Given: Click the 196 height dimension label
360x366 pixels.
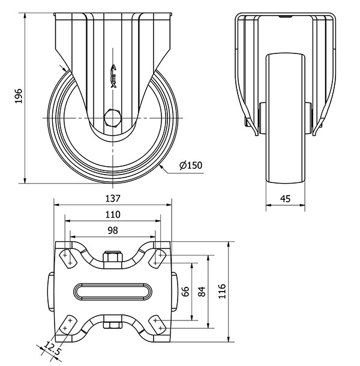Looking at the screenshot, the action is pos(18,96).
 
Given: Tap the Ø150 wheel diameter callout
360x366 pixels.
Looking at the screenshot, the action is pos(191,165).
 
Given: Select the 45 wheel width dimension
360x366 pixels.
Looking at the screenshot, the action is pos(285,199).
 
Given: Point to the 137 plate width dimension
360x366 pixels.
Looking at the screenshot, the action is pos(113,199).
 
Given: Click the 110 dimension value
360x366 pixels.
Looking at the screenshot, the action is pos(113,214).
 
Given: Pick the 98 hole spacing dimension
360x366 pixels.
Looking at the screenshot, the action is pos(113,230).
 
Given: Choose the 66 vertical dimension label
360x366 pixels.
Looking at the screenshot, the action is pos(185,292).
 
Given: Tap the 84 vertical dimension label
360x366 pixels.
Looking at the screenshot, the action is pos(202,292).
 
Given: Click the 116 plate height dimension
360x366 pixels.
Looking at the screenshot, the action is pos(222,291).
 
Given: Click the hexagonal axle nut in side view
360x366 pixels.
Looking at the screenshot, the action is pos(113,118).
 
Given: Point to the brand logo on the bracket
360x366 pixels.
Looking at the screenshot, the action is pos(113,76).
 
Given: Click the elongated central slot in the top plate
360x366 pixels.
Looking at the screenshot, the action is pos(113,292).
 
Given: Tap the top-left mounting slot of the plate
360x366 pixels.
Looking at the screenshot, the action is pos(67,259).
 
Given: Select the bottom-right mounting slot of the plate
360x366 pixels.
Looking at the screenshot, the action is pos(158,325).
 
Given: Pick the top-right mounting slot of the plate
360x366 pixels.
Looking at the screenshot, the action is pos(158,259).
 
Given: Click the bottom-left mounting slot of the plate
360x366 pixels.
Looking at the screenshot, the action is pos(67,325).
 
